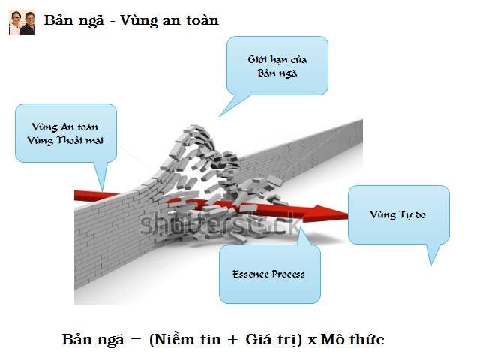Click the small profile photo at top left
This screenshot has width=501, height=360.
click(22, 22)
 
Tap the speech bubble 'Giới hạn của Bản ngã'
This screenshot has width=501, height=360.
click(277, 66)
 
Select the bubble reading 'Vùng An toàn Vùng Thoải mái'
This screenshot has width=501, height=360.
click(67, 133)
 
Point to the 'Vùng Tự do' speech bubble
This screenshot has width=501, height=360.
click(398, 215)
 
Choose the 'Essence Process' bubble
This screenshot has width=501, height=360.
click(268, 274)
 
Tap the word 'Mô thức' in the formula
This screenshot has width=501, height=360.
click(352, 339)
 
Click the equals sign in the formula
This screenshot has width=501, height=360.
click(136, 340)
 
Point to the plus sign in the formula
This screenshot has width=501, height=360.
click(232, 340)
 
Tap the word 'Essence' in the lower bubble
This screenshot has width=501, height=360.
click(251, 274)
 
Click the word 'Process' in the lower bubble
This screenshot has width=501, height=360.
click(288, 274)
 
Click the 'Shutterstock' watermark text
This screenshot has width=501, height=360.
click(225, 223)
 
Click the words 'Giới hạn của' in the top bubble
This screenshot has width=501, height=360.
click(277, 59)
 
